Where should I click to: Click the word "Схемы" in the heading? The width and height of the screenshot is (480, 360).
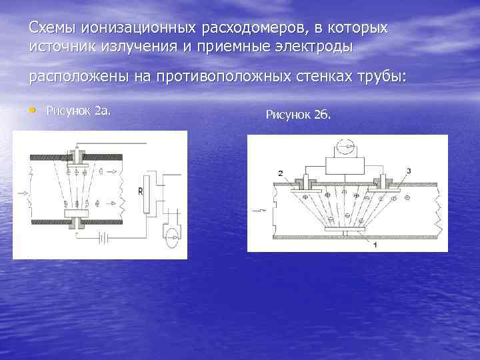[52, 29]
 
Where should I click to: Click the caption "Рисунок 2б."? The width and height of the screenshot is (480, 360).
[297, 115]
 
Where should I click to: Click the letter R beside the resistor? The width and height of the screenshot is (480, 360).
[140, 192]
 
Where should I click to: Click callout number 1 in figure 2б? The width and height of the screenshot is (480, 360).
[375, 244]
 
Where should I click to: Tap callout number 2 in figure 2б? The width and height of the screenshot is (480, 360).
[280, 173]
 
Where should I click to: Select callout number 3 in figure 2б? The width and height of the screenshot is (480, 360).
[408, 171]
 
